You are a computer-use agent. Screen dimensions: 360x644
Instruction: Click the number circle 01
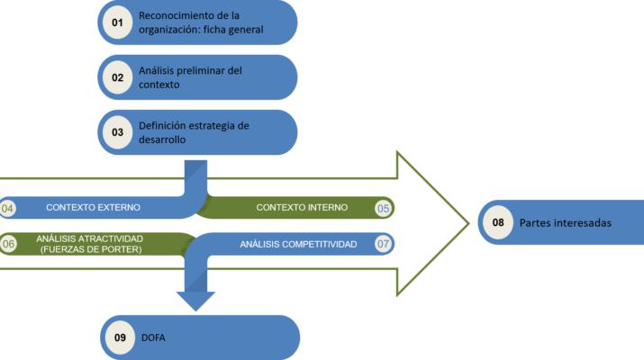click(117, 23)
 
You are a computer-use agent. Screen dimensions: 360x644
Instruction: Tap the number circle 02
click(117, 77)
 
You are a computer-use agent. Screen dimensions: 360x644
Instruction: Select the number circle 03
click(117, 131)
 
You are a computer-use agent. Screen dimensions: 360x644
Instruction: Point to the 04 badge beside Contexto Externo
click(7, 208)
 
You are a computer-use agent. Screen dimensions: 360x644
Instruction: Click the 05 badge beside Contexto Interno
click(383, 208)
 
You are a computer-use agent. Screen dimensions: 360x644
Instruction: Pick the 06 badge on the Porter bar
click(7, 243)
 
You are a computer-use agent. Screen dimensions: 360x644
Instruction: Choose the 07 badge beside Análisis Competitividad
click(383, 244)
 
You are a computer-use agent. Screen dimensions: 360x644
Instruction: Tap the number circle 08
click(498, 222)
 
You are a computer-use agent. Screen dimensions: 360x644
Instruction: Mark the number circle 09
click(119, 337)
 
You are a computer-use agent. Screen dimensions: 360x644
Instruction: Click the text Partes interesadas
click(565, 223)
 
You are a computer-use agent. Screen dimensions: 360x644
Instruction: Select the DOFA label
click(154, 337)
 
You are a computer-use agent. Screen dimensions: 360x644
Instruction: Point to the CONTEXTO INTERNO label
click(302, 208)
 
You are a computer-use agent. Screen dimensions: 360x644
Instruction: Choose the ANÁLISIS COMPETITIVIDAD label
click(298, 244)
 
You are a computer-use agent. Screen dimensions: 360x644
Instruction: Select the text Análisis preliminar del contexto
click(190, 77)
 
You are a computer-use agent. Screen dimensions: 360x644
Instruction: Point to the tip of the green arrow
click(467, 222)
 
